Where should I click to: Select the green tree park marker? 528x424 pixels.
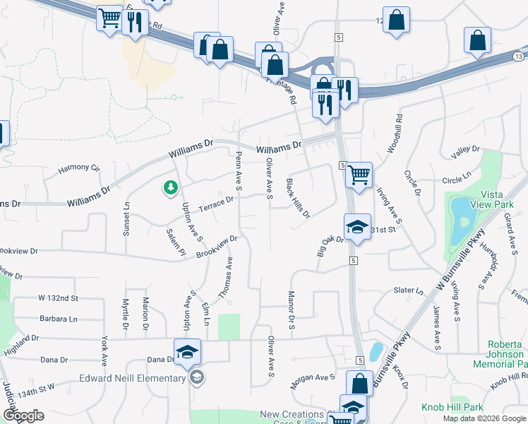[169, 187]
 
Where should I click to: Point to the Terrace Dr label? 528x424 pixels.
[216, 202]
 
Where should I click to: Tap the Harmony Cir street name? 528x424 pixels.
[79, 168]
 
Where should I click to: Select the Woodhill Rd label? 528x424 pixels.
[393, 134]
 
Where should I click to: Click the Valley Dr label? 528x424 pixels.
[465, 149]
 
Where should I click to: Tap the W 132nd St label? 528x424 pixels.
[58, 298]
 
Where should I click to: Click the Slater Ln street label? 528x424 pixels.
[408, 290]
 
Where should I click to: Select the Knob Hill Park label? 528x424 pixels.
[452, 408]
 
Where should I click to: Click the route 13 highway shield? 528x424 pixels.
[519, 56]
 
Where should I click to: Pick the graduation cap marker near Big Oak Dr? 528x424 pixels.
[357, 228]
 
